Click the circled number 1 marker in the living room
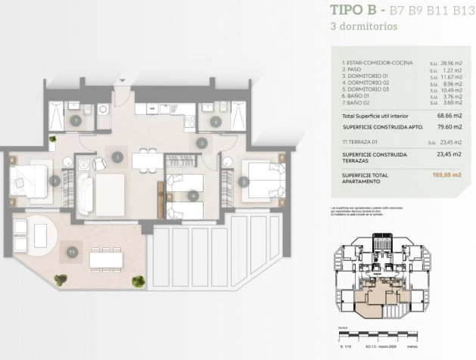(117, 157)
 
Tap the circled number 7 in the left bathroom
(75, 120)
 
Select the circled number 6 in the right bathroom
(216, 120)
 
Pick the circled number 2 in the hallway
(201, 142)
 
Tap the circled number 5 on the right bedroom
(244, 182)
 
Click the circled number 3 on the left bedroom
(54, 181)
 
